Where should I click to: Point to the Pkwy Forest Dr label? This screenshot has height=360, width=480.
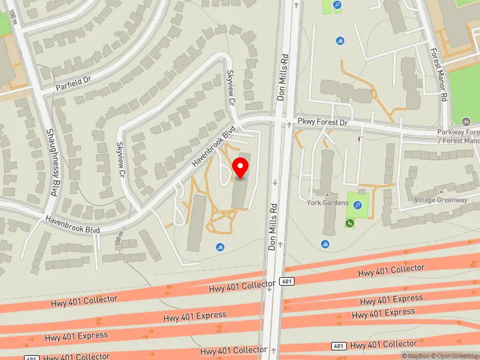(x=323, y=122)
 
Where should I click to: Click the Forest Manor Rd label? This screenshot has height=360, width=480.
(x=439, y=74)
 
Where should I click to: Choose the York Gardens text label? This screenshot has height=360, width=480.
(x=328, y=203)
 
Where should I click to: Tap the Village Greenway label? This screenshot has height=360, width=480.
(x=440, y=200)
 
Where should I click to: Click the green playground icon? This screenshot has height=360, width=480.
(x=349, y=224)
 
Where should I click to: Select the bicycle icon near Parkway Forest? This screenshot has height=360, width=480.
(x=466, y=121)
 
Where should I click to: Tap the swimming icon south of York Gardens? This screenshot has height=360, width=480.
(x=325, y=244)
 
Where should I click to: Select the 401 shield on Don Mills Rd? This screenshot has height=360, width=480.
(x=287, y=281)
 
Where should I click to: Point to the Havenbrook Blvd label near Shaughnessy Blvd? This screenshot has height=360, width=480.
(x=72, y=224)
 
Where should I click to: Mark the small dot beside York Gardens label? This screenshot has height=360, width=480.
(x=328, y=196)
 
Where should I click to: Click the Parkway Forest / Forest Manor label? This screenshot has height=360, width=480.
(x=459, y=136)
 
